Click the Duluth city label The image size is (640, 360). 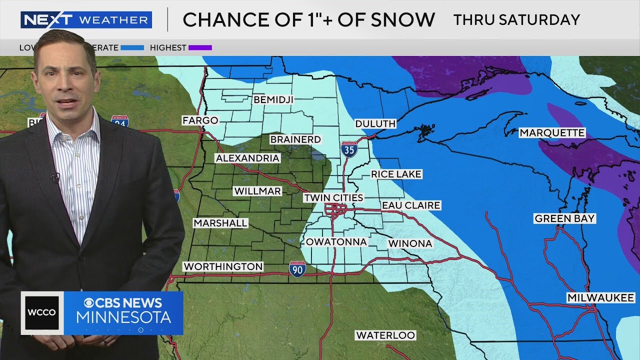pos(375,123)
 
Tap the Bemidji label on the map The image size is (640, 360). pos(273,99)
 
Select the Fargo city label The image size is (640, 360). pos(200,120)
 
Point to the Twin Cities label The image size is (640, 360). pos(333,198)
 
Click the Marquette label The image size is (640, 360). pos(552,132)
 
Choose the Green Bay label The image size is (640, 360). pos(564,218)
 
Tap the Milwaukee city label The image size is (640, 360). pos(600,298)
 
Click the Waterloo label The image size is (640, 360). pos(385,335)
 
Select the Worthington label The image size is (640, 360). pos(223,266)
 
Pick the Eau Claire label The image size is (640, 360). pos(411,205)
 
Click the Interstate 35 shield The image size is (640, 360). pos(349,149)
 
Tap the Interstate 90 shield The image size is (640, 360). pos(297,269)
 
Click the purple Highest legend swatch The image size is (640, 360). pos(200,48)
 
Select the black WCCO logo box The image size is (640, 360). pos(42,313)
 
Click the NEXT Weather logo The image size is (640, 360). pos(86,20)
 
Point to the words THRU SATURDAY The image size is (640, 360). pos(516,20)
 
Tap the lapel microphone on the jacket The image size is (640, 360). pos(54,176)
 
